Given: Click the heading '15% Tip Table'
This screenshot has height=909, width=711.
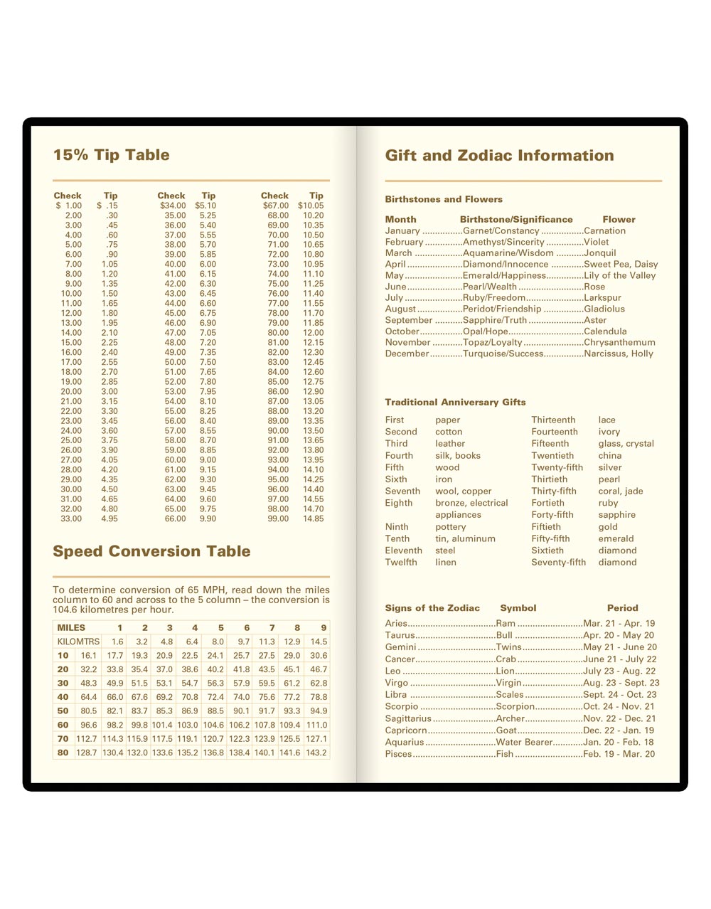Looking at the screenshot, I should (111, 155).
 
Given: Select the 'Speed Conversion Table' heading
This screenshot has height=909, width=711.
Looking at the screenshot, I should (151, 551).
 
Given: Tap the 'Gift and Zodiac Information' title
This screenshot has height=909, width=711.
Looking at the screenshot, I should (499, 156).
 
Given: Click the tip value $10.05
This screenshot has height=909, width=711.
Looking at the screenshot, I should (311, 206).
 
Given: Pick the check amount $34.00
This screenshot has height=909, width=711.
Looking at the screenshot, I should (173, 206).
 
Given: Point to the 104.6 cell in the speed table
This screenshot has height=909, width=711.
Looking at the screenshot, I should (213, 725).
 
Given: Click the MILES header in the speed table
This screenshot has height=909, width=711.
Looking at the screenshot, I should (71, 627).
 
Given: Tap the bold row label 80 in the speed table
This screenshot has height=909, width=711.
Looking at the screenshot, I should (63, 753).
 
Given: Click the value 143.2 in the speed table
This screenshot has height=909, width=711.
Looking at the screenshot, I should (316, 753).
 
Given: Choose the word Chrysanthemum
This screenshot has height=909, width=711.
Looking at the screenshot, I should (619, 342).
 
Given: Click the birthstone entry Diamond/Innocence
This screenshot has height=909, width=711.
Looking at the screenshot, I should (506, 264).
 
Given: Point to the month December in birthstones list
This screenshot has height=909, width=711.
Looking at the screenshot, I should (407, 353).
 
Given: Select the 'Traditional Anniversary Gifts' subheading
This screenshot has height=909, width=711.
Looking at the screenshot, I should (455, 402).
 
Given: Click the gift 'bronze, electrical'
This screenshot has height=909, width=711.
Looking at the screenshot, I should (471, 503).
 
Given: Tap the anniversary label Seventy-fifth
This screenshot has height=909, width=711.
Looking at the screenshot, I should (558, 562).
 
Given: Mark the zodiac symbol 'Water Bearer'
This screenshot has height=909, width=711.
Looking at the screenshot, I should (524, 742).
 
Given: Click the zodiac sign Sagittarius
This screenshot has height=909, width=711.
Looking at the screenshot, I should (408, 718).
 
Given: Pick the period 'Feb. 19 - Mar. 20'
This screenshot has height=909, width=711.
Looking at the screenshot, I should (619, 754).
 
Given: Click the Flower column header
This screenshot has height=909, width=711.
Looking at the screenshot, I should (619, 219).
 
